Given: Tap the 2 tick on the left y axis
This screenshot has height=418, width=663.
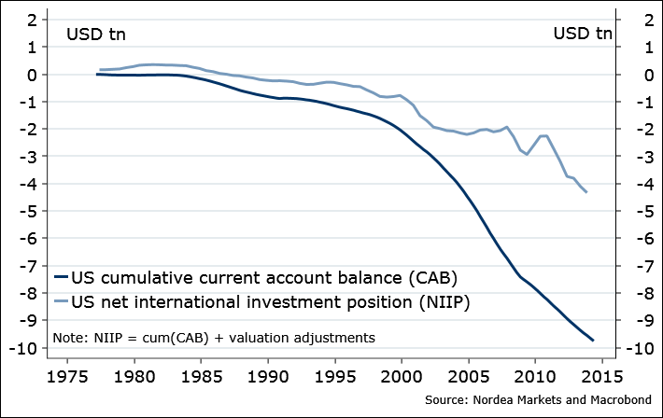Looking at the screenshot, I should point(36,20).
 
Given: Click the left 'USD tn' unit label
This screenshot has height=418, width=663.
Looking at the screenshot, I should point(95,35).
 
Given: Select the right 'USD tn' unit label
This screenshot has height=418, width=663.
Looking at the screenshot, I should point(583,35).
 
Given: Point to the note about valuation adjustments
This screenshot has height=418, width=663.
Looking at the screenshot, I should point(214,337).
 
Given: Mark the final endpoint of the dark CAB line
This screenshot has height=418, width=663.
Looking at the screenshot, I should point(593,341).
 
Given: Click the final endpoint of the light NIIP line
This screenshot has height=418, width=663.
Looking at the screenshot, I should point(586,192).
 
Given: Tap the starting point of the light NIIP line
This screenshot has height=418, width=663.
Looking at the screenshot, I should point(100,70).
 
